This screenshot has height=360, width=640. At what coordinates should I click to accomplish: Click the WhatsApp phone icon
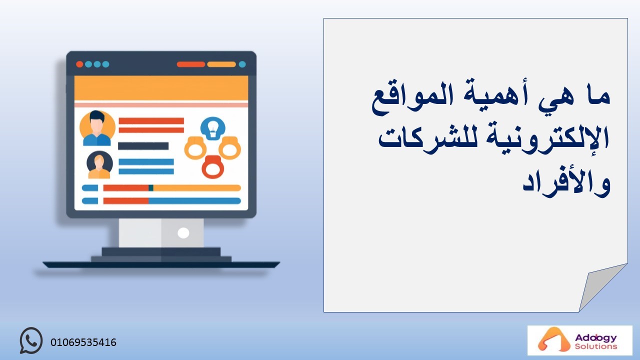click(x=31, y=340)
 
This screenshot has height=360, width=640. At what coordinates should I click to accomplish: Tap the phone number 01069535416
click(x=83, y=342)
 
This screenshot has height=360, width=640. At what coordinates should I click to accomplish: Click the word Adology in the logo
click(x=595, y=338)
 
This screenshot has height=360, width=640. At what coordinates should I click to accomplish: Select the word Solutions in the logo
click(x=595, y=346)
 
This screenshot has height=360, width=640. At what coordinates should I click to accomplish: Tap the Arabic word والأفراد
click(x=566, y=183)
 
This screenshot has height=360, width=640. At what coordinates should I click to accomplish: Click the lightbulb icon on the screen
click(x=213, y=128)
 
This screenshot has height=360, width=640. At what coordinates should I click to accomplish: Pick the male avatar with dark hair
click(x=97, y=128)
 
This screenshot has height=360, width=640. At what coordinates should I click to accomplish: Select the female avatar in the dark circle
click(x=99, y=164)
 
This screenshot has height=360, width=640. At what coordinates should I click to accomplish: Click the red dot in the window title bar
click(x=79, y=64)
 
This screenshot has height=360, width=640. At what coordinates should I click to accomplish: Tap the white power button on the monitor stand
click(x=183, y=233)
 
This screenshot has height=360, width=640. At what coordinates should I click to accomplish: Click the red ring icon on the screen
click(x=213, y=167)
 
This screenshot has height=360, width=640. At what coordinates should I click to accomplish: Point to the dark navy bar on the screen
click(x=143, y=146)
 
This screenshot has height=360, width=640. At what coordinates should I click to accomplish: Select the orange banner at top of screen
click(x=161, y=88)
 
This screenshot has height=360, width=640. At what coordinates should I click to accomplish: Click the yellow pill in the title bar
click(x=221, y=64)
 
